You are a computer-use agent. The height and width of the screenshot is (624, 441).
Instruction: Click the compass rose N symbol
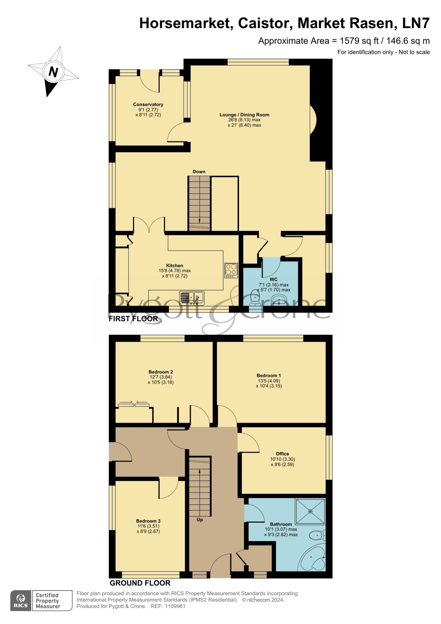[53, 72]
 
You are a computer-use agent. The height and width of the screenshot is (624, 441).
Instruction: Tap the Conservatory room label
[148, 105]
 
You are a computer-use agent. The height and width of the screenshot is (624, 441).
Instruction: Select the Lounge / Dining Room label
[244, 115]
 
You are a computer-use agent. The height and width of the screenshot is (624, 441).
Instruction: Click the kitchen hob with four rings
[231, 271]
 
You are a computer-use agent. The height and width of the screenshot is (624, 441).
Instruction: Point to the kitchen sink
[192, 298]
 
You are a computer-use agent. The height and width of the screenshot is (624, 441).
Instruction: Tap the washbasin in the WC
[278, 302]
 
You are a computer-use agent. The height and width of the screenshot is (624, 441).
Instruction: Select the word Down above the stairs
[199, 172]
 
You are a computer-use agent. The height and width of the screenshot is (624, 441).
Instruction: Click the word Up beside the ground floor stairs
[200, 520]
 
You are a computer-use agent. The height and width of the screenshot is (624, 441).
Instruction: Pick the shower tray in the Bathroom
[311, 511]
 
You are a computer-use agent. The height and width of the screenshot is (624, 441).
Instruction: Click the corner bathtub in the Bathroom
[313, 558]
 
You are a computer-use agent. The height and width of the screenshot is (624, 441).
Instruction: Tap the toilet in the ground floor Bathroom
[317, 535]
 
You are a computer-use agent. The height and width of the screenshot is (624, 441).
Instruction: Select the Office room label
[283, 454]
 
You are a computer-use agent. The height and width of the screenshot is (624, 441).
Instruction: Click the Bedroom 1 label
[269, 375]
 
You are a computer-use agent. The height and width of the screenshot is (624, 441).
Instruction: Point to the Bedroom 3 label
[148, 521]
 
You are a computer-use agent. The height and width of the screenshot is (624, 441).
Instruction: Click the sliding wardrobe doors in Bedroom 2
[134, 404]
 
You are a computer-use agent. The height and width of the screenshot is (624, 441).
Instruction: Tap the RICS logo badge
[21, 601]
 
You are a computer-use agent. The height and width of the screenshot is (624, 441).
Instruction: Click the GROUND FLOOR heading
[140, 583]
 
